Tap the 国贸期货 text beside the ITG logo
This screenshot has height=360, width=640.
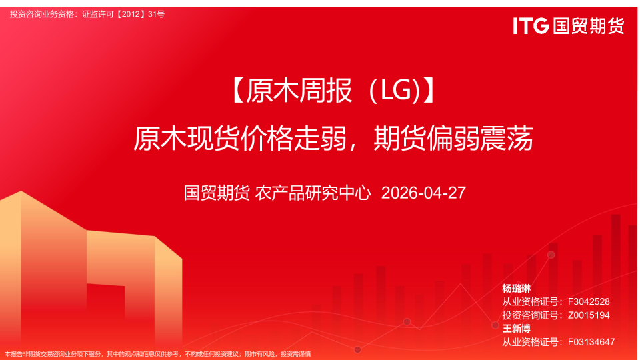(x=587, y=26)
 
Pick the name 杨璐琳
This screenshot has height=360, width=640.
(x=516, y=289)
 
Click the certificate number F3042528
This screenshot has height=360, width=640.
(x=589, y=302)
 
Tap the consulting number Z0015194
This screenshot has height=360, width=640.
(x=589, y=315)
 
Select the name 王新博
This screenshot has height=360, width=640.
(x=516, y=329)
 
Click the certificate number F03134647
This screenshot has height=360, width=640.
(x=591, y=342)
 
